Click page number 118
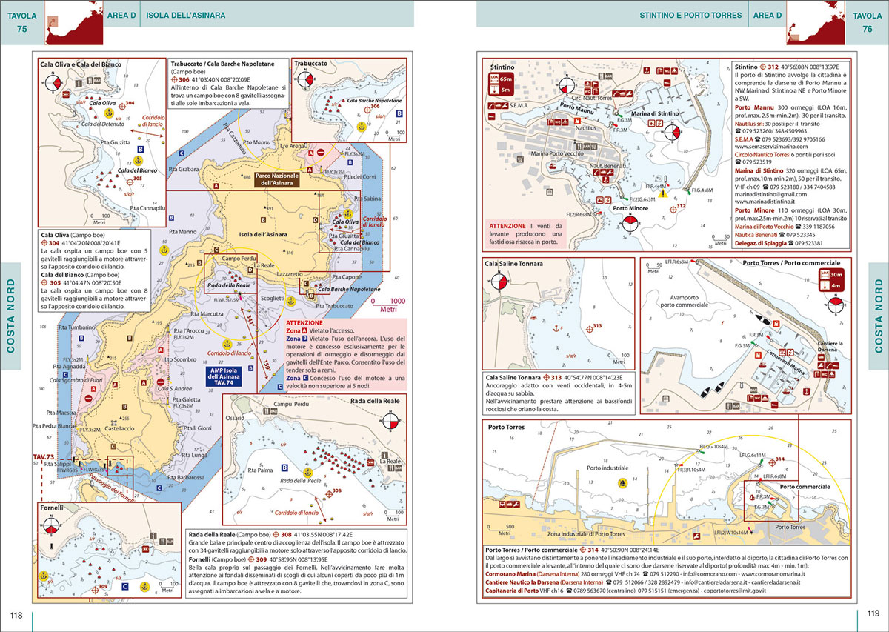16,614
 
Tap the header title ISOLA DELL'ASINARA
186,14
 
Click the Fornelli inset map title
56,510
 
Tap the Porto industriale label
607,468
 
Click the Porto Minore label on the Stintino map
626,208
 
